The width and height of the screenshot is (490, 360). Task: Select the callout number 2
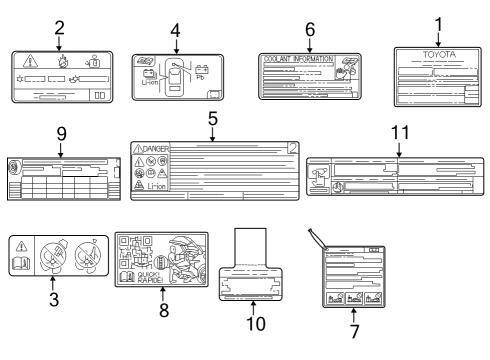pyautogui.click(x=60, y=27)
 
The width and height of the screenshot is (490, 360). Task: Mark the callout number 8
pyautogui.click(x=164, y=310)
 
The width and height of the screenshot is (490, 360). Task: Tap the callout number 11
pyautogui.click(x=398, y=133)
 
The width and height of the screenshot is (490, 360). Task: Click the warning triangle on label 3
pyautogui.click(x=22, y=246)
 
